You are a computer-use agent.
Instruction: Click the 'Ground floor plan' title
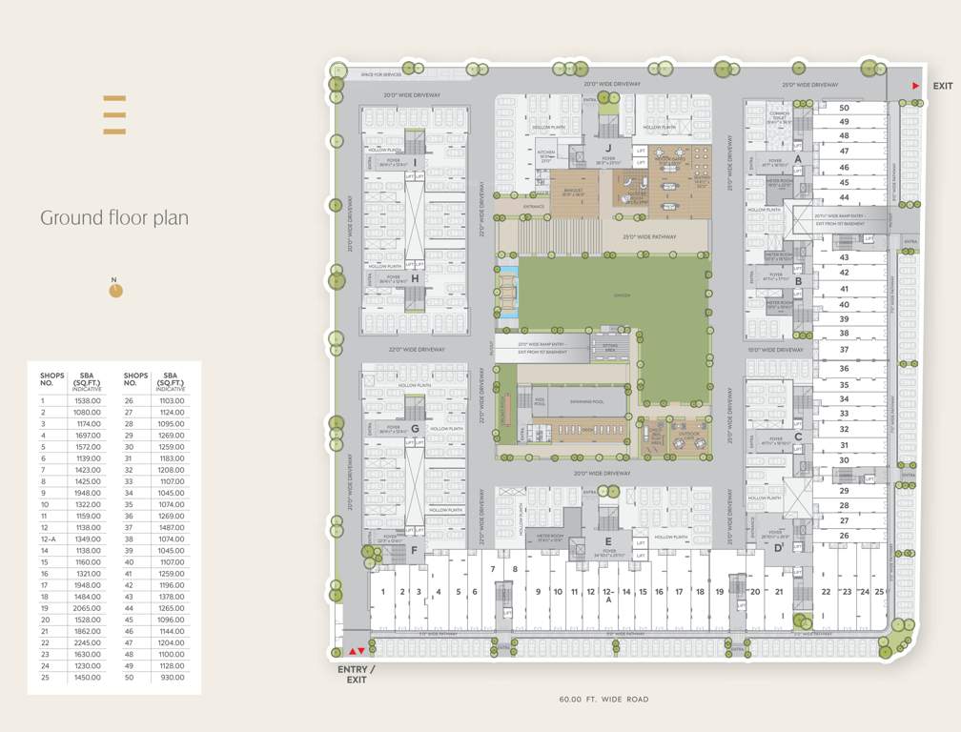pos(114,218)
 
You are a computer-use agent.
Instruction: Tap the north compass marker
pos(115,290)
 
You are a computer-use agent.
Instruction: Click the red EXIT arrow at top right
pos(916,87)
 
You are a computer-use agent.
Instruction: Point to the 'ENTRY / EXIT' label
pos(356,675)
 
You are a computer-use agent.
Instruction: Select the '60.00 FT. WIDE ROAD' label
pos(603,700)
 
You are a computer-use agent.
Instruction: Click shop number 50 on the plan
pos(844,108)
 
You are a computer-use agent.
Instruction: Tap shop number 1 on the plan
pos(382,592)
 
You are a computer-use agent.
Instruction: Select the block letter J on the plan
pos(607,148)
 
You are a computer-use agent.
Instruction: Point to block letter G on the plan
pos(415,429)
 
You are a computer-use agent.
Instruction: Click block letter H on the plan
pos(415,278)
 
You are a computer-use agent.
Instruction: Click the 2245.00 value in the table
pos(87,643)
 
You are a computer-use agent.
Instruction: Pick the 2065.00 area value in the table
pos(87,608)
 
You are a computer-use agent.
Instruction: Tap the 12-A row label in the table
pos(47,539)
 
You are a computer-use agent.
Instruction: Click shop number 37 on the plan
pos(844,351)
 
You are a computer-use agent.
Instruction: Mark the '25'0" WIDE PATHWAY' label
pos(649,236)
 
